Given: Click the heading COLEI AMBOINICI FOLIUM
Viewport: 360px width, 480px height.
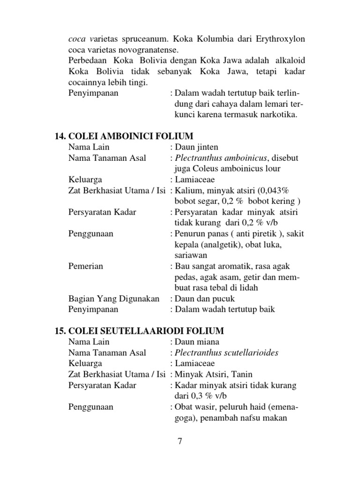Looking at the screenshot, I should [x=124, y=136].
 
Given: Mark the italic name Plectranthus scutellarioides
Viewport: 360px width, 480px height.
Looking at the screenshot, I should [x=226, y=352].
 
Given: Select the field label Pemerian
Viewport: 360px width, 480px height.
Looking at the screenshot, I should [x=86, y=266].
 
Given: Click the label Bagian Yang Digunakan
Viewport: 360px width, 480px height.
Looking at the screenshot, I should [x=114, y=299].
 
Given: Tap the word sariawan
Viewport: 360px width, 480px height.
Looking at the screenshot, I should [x=190, y=255].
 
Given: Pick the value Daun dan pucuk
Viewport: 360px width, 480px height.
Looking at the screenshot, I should [x=204, y=299].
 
